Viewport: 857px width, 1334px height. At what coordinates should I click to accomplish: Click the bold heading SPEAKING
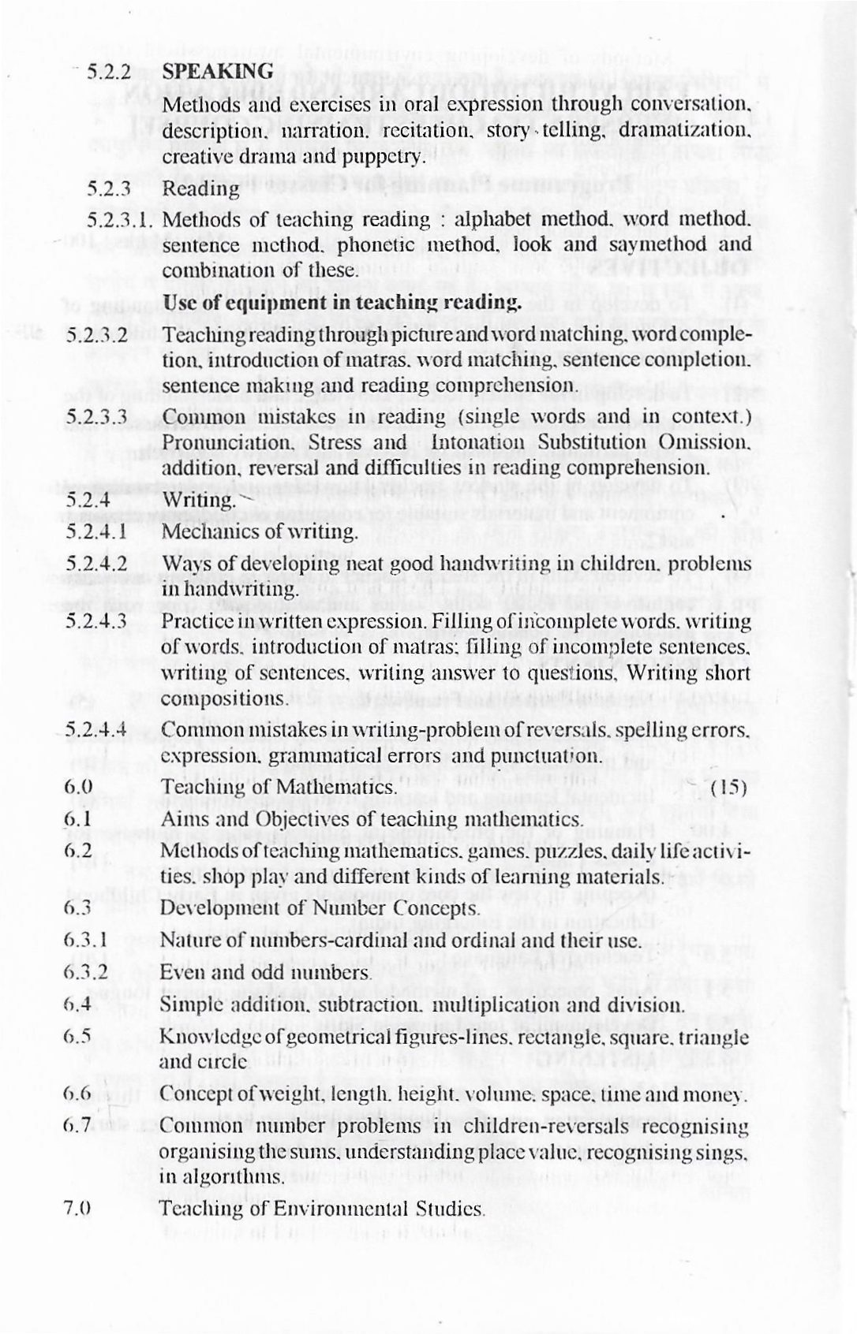218,71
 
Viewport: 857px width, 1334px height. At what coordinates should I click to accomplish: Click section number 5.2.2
107,72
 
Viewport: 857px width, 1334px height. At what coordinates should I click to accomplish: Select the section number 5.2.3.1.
113,219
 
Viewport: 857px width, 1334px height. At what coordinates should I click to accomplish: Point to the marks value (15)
729,787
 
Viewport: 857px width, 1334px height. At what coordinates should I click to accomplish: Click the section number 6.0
79,787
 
